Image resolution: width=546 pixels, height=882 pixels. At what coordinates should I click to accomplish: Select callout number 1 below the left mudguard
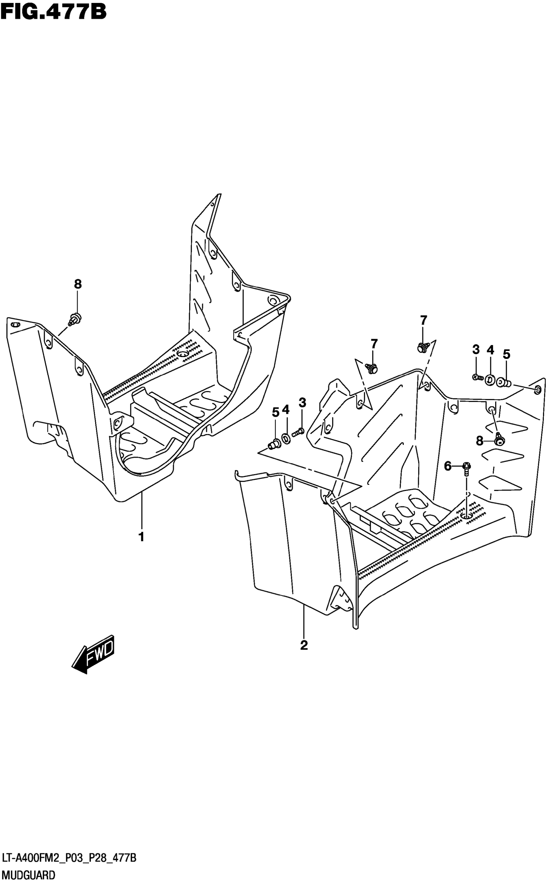[x=142, y=537]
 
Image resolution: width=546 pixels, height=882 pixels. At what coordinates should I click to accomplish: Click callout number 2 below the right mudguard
[x=304, y=645]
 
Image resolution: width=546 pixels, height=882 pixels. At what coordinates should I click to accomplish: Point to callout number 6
[x=448, y=467]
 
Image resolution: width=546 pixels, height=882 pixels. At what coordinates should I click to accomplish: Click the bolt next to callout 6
[x=466, y=468]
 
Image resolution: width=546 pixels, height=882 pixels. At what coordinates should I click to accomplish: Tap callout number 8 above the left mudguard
[x=78, y=284]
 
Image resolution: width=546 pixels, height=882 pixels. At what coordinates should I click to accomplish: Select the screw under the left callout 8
[x=75, y=319]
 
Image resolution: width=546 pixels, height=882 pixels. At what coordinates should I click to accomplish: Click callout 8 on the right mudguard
[x=480, y=441]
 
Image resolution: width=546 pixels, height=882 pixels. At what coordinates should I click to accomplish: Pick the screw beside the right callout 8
[x=500, y=439]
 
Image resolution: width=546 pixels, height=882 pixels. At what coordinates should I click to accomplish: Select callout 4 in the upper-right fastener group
[x=490, y=350]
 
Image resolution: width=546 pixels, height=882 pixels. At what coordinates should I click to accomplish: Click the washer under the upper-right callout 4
[x=490, y=380]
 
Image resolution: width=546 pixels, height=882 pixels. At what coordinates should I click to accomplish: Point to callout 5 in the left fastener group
[x=276, y=412]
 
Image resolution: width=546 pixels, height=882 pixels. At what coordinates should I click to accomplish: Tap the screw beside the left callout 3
[x=298, y=431]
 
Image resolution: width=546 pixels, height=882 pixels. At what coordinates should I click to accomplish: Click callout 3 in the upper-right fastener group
[x=476, y=349]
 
